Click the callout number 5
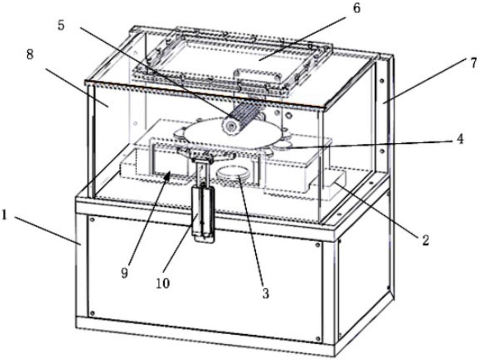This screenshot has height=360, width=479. pyautogui.click(x=60, y=25)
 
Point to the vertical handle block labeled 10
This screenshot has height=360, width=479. pyautogui.click(x=203, y=213)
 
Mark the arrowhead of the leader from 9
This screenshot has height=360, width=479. pyautogui.click(x=167, y=175)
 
